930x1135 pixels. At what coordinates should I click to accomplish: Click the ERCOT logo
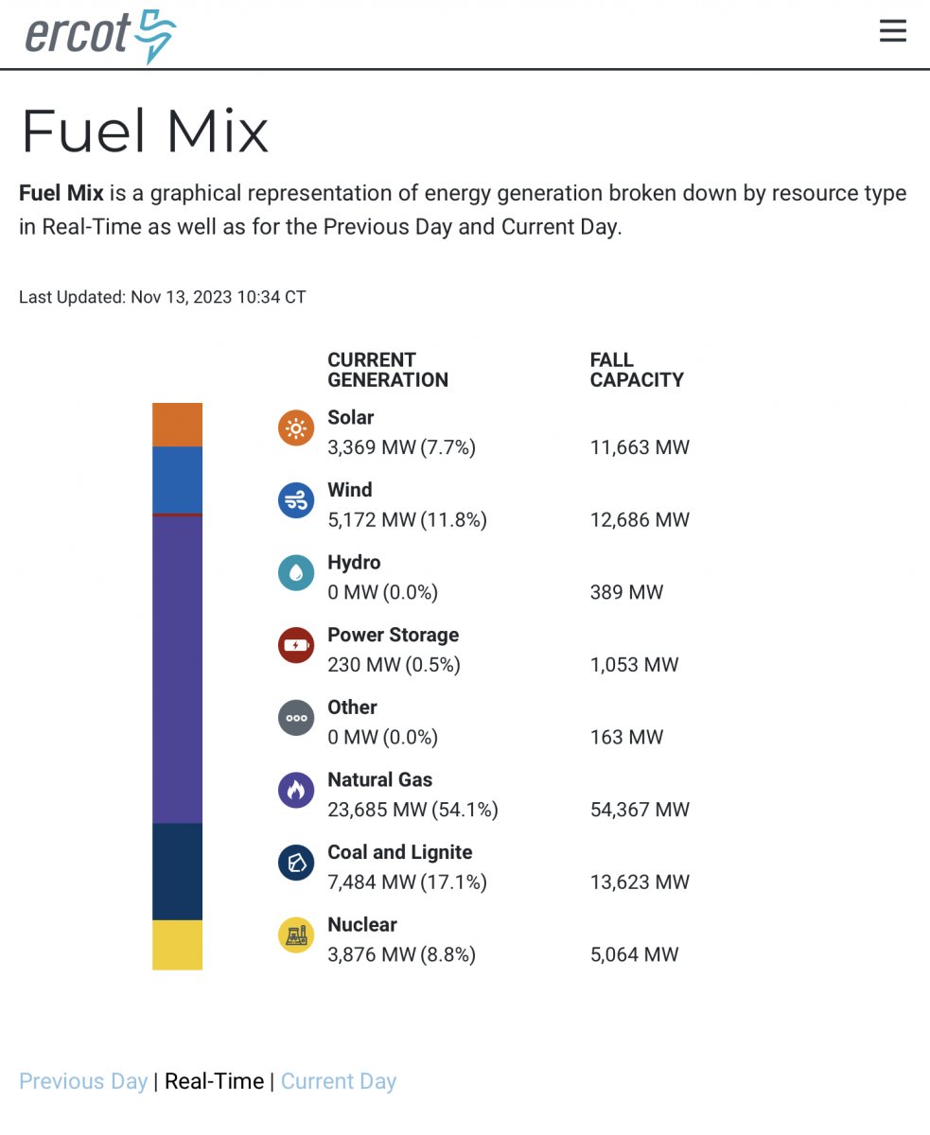tap(99, 35)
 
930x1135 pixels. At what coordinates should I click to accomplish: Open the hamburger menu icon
tap(892, 31)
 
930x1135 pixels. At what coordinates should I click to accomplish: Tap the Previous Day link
tap(83, 1081)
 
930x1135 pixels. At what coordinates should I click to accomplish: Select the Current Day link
tap(339, 1081)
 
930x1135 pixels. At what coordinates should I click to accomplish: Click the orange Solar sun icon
tap(296, 428)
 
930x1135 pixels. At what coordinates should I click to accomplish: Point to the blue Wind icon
tap(296, 500)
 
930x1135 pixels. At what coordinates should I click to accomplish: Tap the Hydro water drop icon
tap(296, 573)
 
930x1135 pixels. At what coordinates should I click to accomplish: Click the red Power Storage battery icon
tap(296, 646)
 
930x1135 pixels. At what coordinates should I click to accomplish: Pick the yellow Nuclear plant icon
tap(296, 935)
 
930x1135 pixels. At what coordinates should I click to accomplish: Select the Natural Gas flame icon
tap(296, 790)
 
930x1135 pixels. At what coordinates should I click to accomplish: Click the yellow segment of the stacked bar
tap(177, 944)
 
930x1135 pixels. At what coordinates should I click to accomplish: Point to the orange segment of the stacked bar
tap(177, 425)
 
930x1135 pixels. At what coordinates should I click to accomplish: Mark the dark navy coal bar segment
tap(177, 871)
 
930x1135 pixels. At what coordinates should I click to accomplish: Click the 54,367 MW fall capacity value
tap(640, 810)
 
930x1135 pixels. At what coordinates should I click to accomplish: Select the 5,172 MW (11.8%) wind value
tap(407, 520)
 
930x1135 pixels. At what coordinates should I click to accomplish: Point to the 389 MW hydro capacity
tap(626, 593)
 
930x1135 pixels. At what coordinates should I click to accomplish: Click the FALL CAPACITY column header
tap(636, 370)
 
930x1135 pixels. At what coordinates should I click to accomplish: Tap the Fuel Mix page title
tap(145, 131)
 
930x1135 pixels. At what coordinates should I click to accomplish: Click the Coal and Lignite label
tap(399, 852)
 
